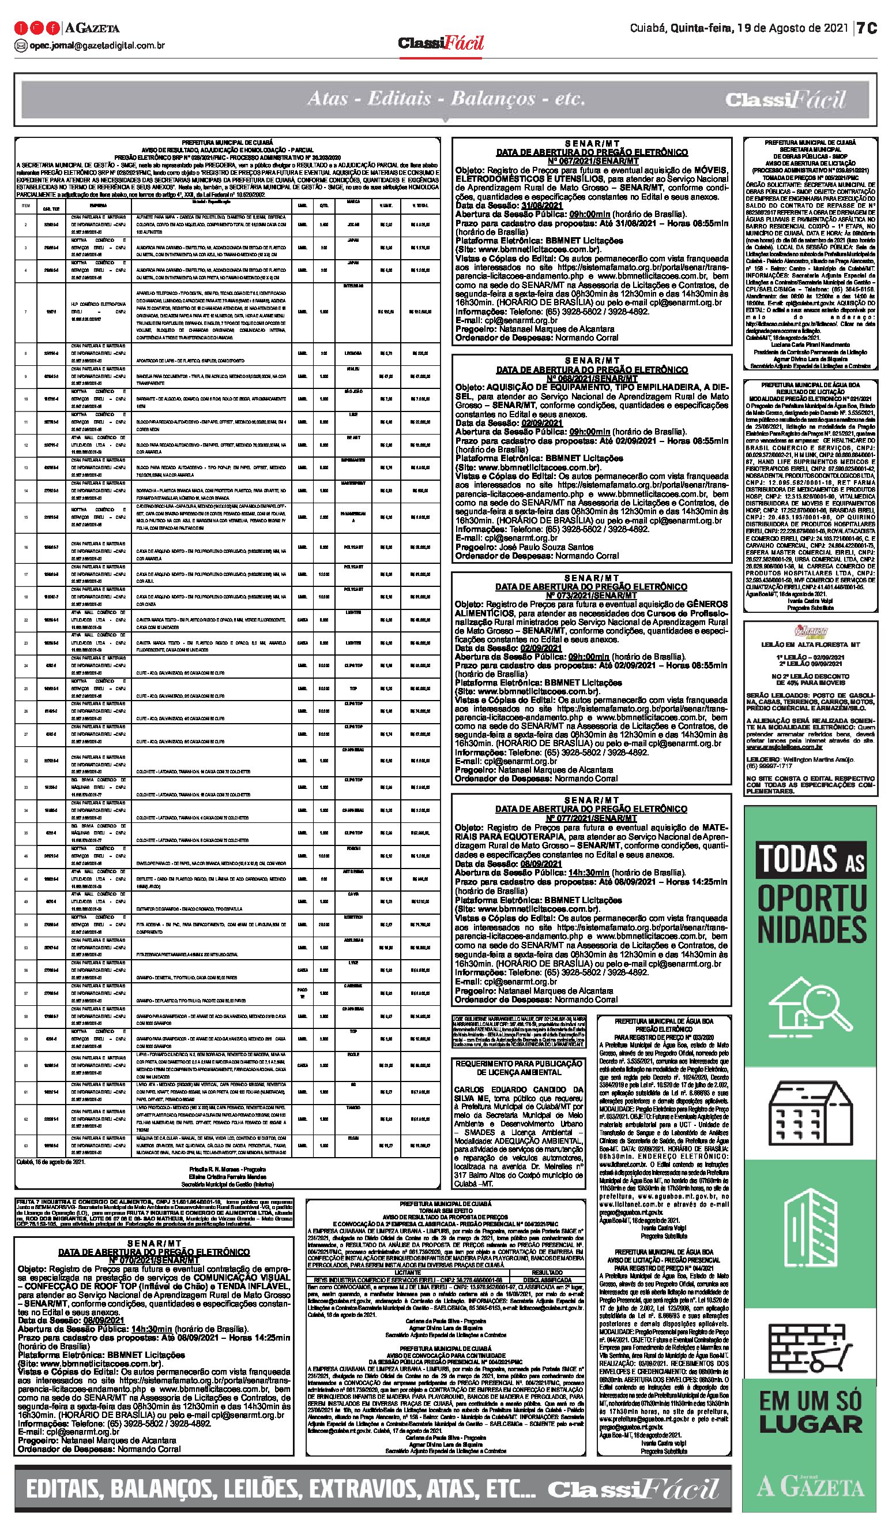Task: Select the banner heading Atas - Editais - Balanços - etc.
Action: click(446, 98)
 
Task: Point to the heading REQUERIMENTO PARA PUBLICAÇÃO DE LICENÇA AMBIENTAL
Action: click(518, 1068)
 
